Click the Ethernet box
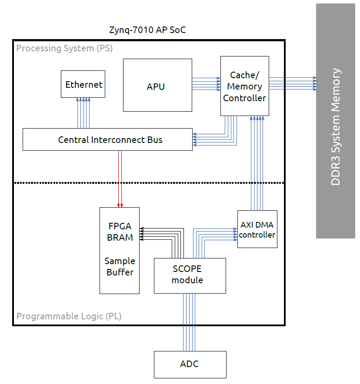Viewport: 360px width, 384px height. point(83,84)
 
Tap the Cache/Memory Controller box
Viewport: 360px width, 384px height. point(244,86)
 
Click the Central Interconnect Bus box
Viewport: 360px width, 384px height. point(107,139)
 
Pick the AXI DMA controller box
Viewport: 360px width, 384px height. point(257,229)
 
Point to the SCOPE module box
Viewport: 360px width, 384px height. point(190,275)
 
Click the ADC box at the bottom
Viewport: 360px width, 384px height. point(190,364)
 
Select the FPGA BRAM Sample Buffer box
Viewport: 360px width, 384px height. point(120,251)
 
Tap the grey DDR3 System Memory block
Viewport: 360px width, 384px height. point(335,122)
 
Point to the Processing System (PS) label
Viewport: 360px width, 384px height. point(64,48)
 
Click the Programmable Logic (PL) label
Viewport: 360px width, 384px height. point(69,316)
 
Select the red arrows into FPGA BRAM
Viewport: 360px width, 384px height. point(120,178)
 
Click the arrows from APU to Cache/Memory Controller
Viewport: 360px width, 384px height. point(206,84)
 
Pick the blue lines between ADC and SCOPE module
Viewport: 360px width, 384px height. point(190,322)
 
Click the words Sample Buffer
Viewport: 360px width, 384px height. point(120,266)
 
